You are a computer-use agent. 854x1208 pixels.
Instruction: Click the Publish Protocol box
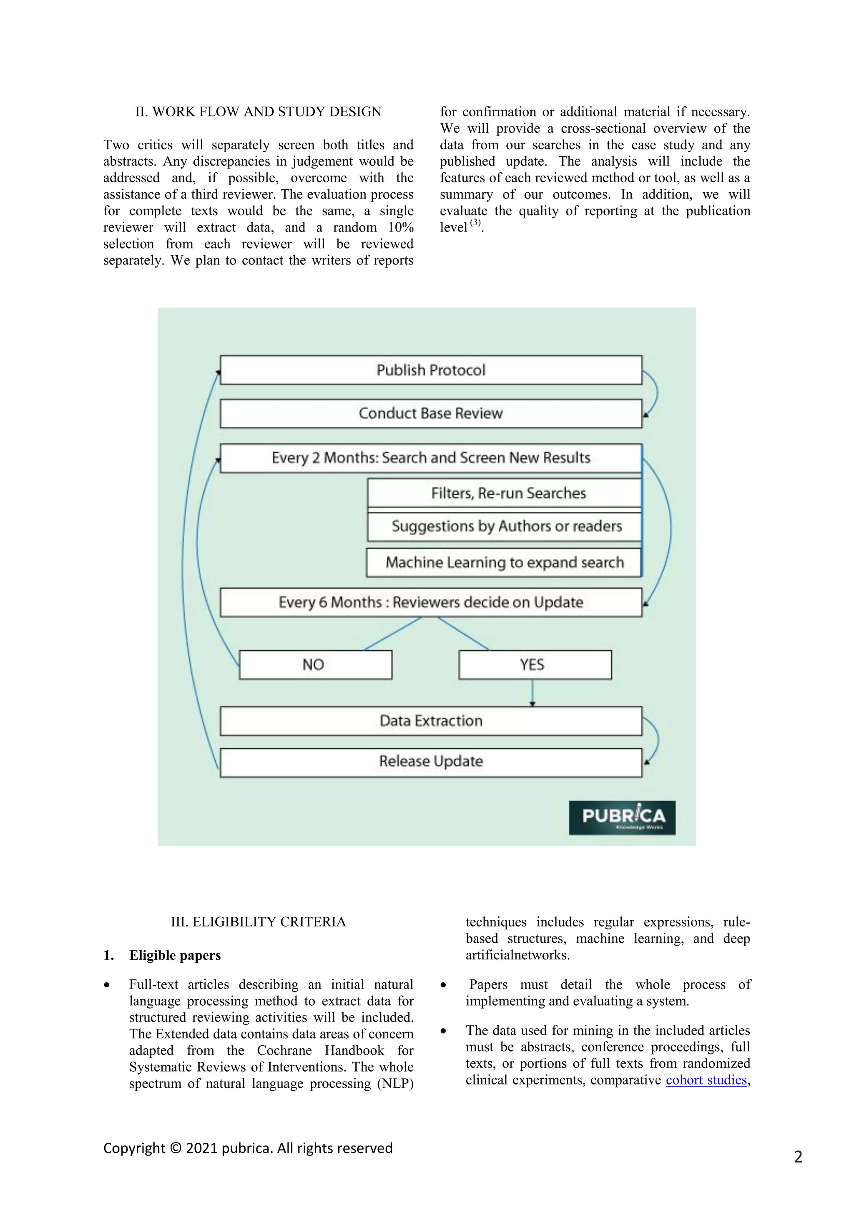[431, 370]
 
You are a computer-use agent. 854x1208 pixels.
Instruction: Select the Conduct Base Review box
[431, 413]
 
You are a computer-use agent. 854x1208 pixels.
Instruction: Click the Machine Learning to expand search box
[504, 562]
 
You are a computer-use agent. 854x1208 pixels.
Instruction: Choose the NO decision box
[315, 664]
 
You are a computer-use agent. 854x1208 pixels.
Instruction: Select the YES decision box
[535, 664]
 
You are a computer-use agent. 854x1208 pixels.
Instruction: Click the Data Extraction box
[431, 720]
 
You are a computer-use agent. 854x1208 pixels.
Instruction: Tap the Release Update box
[431, 761]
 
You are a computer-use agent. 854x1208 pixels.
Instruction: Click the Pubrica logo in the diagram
[622, 818]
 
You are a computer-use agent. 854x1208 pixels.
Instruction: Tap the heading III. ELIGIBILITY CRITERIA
[258, 922]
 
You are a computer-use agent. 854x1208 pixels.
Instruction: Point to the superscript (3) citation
[475, 223]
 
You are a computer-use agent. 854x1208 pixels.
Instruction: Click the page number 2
[798, 1156]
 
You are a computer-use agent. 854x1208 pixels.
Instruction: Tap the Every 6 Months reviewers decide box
[431, 602]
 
